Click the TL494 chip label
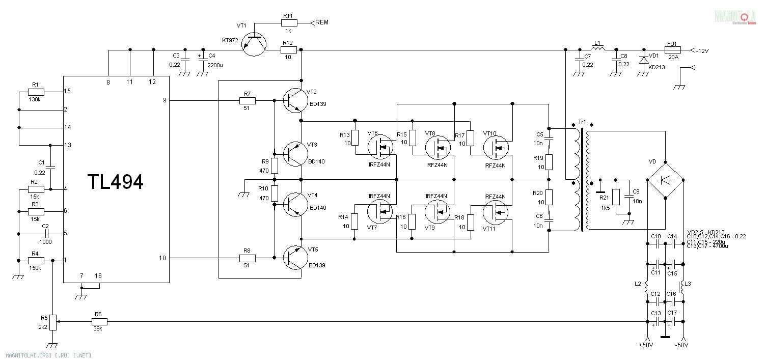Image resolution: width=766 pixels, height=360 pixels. (x=115, y=182)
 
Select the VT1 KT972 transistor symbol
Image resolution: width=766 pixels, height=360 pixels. (x=253, y=44)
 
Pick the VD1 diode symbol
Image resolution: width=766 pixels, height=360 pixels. (x=644, y=61)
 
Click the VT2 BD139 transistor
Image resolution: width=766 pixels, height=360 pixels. (x=295, y=100)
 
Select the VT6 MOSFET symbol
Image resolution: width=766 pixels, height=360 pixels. (x=380, y=147)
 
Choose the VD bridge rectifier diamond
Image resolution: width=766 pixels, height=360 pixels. (x=665, y=179)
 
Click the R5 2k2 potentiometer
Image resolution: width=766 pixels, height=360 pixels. (x=53, y=322)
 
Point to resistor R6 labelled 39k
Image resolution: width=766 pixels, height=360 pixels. (x=99, y=322)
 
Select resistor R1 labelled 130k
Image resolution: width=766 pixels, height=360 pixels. (x=36, y=92)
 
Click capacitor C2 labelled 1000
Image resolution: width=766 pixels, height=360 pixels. (x=46, y=234)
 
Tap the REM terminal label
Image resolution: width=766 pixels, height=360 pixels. (x=322, y=22)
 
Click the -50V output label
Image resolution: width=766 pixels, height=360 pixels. (x=681, y=346)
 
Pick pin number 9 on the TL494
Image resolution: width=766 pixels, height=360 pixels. (x=165, y=100)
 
